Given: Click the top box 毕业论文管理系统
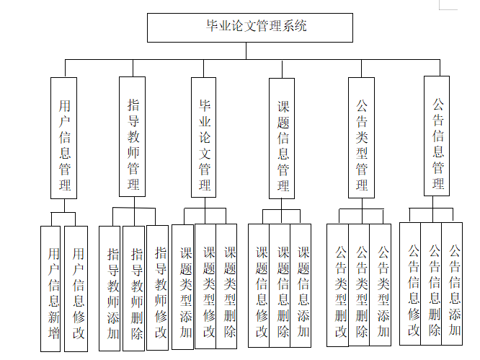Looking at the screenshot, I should [250, 27].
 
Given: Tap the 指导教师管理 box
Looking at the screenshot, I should [133, 136].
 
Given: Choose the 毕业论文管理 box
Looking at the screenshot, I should [205, 136].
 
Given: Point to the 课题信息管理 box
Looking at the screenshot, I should [283, 136].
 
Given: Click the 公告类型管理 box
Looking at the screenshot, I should [361, 136].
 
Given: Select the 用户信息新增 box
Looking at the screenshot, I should [50, 289].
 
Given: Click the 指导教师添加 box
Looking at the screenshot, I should [110, 289].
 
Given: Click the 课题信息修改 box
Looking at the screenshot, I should [260, 284].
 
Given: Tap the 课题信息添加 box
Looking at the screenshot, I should [302, 284].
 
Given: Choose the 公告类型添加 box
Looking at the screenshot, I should [381, 284].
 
